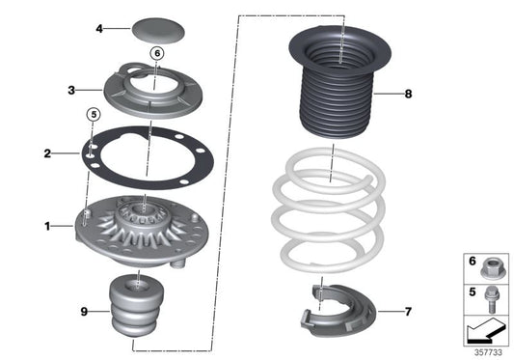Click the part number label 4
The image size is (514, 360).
(x=97, y=29)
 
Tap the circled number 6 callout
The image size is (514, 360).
(x=158, y=79)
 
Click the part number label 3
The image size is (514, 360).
(x=70, y=92)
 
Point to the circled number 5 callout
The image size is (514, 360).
(x=94, y=114)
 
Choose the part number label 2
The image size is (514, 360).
(x=46, y=153)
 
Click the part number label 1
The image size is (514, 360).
(x=45, y=227)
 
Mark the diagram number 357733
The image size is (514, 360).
(x=488, y=352)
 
